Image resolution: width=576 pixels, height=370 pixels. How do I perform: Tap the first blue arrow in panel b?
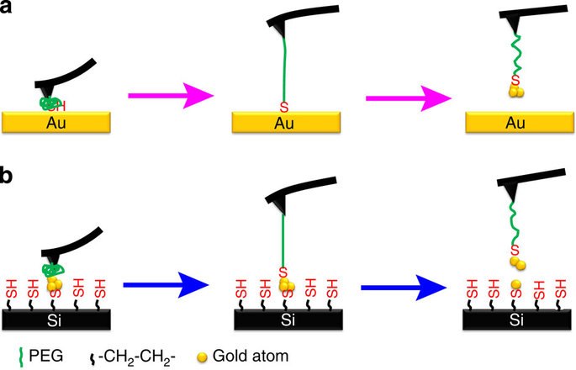(166, 288)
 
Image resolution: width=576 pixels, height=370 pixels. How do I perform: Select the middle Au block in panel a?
(283, 123)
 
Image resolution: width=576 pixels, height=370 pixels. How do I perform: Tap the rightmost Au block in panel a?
(516, 123)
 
